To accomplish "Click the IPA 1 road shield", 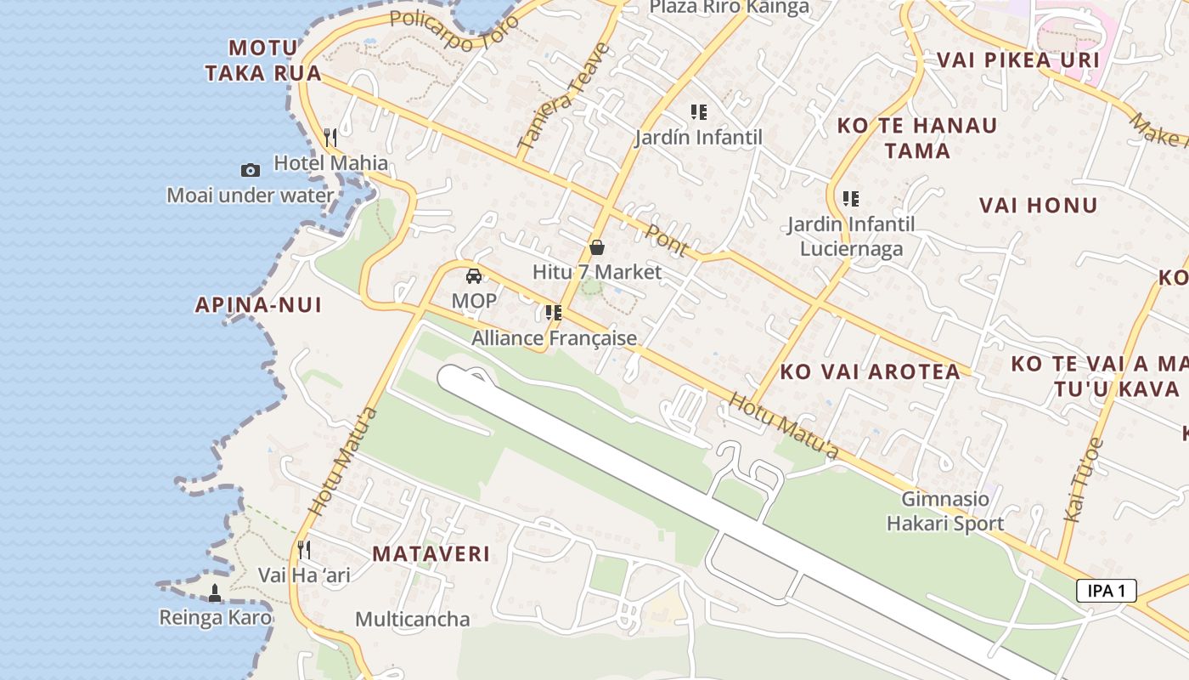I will pos(1106,591).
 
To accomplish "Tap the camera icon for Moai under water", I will pos(250,170).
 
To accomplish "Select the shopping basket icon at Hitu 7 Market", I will pos(597,247).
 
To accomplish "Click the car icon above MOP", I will pos(474,275).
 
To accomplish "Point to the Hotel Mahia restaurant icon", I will pos(331,137).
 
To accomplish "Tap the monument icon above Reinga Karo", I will pos(215,593).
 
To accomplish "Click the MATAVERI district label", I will pos(431,554).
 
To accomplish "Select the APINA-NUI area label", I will pos(259,304).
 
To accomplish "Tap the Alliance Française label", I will pos(554,338).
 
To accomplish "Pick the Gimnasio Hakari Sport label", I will pos(945,511).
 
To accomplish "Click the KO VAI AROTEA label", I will pos(871,371).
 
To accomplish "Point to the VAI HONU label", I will pos(1038,205).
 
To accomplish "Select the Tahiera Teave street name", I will pos(563,98).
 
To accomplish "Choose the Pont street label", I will pos(667,239).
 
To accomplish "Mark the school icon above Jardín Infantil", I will pos(699,112).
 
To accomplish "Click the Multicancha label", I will pos(412,619).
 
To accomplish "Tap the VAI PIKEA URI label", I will pos(1017,59).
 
